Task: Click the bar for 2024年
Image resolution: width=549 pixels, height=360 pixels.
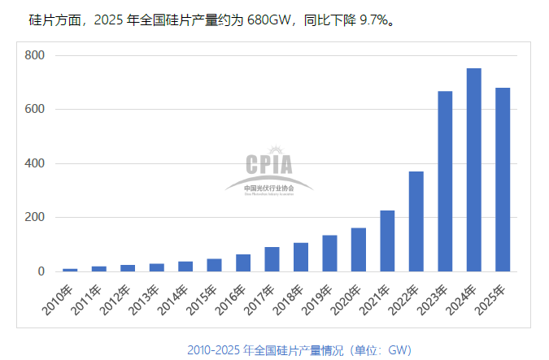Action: point(473,170)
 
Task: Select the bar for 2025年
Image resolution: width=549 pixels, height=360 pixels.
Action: point(503,180)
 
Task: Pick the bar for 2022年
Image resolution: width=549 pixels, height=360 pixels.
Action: point(416,221)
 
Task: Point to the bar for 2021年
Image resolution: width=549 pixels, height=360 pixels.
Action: point(387,241)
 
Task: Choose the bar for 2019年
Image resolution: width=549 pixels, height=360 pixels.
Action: point(329,254)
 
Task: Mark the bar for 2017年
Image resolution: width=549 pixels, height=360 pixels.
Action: point(272,259)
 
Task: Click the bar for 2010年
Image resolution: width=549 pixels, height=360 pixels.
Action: point(70,270)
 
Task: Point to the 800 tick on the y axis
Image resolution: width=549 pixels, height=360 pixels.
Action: point(35,55)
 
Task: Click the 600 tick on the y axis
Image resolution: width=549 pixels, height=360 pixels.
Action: point(35,110)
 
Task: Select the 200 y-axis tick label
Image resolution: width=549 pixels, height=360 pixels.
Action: point(35,218)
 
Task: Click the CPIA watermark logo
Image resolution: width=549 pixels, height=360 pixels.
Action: point(268,171)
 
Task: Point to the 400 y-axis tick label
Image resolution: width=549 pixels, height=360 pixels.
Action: point(35,163)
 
